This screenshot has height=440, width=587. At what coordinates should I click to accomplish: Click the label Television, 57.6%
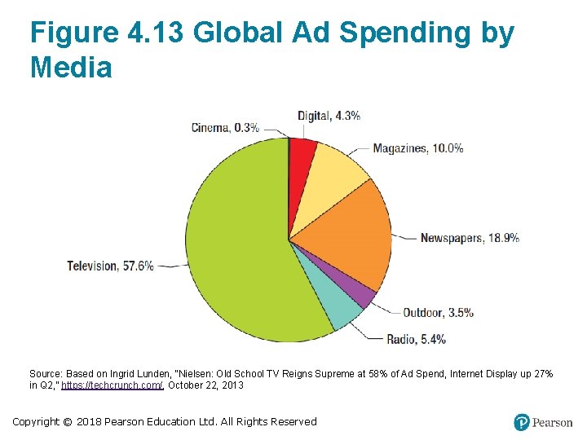pos(110,266)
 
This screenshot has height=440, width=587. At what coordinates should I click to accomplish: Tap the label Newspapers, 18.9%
pos(470,238)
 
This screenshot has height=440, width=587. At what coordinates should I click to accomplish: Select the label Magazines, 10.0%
pos(418,148)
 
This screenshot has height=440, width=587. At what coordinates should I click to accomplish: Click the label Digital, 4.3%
pos(329,116)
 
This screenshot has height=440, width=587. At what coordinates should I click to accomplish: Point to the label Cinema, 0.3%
pos(225,127)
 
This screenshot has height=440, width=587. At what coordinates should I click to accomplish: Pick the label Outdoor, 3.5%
pos(438,312)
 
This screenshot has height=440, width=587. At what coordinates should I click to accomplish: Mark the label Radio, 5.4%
pos(417,339)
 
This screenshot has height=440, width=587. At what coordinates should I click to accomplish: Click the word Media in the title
pos(71,68)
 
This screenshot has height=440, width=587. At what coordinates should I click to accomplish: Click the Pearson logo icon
pos(522,422)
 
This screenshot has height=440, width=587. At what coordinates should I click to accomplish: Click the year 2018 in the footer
pos(92,422)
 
